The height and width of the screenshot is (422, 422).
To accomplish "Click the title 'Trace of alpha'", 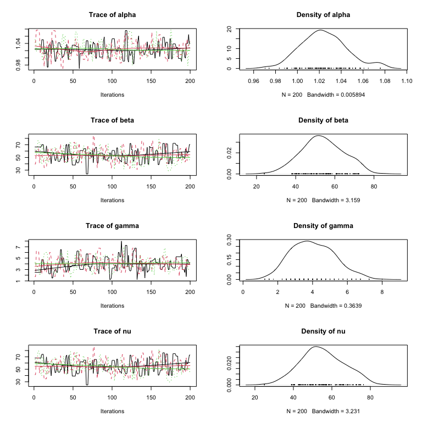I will (112, 14).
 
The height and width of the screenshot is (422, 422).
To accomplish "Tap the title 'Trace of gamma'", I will (112, 226).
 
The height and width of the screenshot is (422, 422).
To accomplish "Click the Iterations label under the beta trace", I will (112, 201).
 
